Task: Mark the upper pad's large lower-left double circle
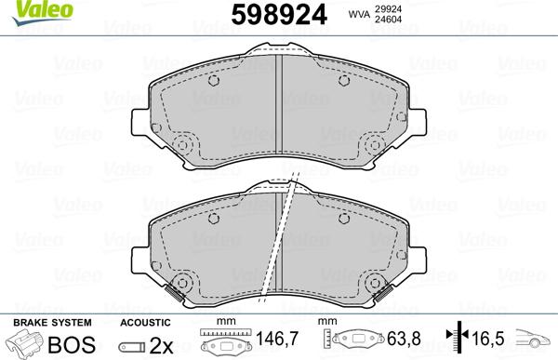[x=183, y=146]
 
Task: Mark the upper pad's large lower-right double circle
[x=377, y=146]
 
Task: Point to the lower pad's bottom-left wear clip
[x=175, y=295]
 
